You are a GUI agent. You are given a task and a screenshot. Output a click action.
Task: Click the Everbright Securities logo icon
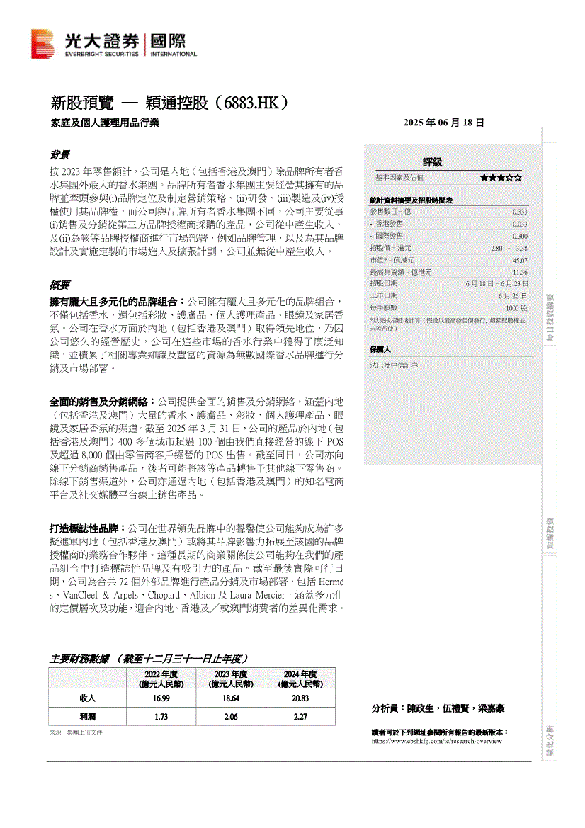point(42,43)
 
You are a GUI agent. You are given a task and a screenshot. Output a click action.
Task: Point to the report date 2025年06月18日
point(443,123)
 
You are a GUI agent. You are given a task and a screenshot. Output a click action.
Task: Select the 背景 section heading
point(59,154)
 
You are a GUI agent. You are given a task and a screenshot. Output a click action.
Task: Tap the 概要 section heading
point(59,285)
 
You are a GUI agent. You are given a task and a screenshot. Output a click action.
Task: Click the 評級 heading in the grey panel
point(432,162)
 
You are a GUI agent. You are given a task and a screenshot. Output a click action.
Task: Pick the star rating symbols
point(501,178)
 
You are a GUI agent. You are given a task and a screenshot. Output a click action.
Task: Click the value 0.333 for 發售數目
point(519,212)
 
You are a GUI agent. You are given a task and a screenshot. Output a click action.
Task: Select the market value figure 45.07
point(519,260)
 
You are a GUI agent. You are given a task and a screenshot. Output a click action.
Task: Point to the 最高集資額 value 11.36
point(519,272)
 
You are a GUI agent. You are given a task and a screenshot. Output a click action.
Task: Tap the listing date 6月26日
point(513,295)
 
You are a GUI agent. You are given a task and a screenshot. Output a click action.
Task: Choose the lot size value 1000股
point(516,308)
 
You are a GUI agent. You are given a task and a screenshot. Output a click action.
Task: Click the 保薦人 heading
point(380,349)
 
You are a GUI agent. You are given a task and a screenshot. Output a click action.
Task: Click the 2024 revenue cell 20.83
point(300,698)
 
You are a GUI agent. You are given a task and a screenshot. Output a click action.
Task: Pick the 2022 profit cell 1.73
point(160,717)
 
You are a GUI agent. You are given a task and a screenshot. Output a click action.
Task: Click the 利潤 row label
point(88,717)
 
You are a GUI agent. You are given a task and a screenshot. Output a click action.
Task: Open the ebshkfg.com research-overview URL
point(436,741)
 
